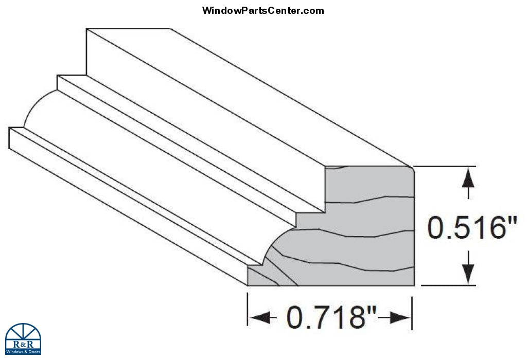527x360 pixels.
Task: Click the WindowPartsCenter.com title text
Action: click(x=263, y=10)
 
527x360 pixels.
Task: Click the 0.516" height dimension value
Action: click(x=472, y=228)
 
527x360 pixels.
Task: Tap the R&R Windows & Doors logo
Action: click(x=23, y=339)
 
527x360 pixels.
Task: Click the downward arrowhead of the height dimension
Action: click(x=468, y=274)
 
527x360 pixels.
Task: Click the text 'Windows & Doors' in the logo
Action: click(x=23, y=352)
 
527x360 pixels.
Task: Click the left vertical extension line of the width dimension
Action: click(x=248, y=309)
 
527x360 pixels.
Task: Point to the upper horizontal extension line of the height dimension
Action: click(x=444, y=166)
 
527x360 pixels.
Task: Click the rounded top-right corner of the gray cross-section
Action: click(x=411, y=169)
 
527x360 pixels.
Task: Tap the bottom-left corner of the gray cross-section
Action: click(x=248, y=285)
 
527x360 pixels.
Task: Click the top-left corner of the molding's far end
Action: click(x=86, y=29)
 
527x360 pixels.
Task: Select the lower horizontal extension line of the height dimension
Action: click(x=448, y=285)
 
